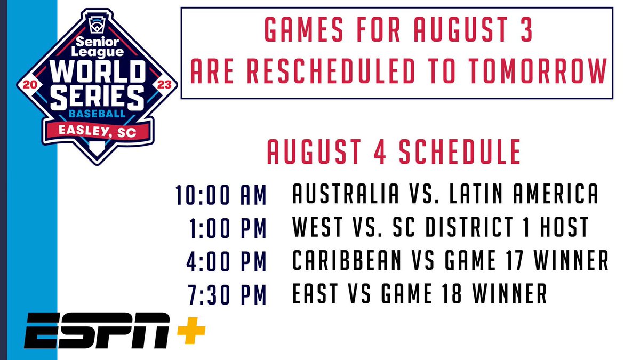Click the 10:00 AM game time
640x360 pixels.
pos(221,195)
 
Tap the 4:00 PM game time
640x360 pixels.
pos(227,261)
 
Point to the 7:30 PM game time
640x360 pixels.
pos(227,294)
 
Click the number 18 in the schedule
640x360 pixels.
pos(457,294)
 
